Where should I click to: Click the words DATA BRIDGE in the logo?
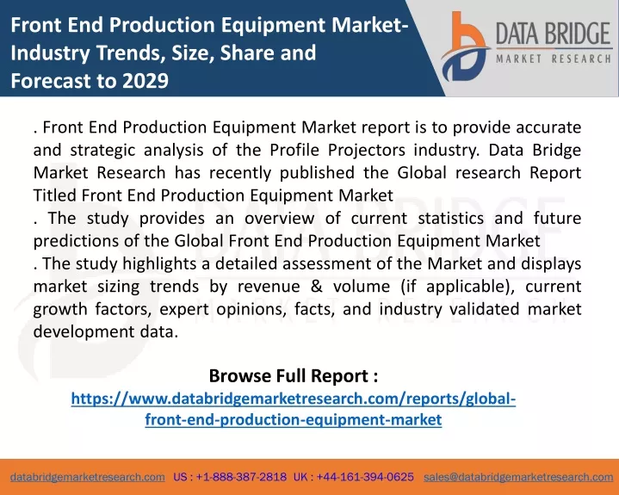554,34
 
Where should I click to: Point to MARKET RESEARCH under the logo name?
554,59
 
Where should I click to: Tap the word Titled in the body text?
55,195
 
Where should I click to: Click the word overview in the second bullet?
280,219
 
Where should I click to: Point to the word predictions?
76,241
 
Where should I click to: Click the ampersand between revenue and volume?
316,287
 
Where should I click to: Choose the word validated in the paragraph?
484,309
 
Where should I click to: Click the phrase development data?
106,332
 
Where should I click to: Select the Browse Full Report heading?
294,376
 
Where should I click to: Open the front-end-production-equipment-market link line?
294,419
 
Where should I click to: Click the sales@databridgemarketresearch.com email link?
518,477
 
